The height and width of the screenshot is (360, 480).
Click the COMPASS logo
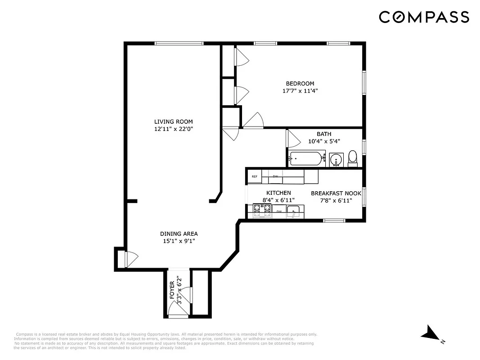(424, 17)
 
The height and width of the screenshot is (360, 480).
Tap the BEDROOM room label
(300, 83)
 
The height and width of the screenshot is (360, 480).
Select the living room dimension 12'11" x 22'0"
(173, 129)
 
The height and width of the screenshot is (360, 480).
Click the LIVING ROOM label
(173, 121)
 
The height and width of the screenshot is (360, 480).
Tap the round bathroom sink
(336, 159)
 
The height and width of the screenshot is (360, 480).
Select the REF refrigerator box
(255, 177)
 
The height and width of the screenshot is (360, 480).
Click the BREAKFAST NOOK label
(336, 193)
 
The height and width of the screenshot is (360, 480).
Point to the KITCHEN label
(278, 193)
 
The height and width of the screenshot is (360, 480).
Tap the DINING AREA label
(179, 234)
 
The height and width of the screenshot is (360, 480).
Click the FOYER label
(172, 290)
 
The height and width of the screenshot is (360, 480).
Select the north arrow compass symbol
(431, 334)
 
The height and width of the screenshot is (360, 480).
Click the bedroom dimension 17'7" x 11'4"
(300, 90)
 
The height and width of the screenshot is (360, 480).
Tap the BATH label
(324, 134)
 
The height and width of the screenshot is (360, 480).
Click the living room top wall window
(179, 43)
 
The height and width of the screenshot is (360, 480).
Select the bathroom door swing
(293, 138)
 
